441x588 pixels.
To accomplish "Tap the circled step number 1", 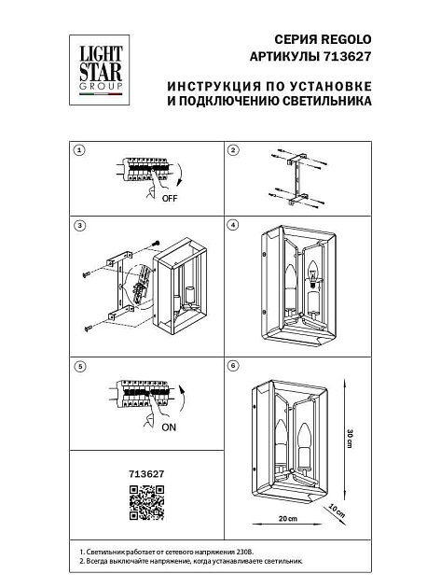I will click(79, 150).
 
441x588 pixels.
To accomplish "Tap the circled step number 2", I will click(234, 150).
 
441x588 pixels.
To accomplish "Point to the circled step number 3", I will click(79, 226).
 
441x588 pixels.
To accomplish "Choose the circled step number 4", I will click(234, 226).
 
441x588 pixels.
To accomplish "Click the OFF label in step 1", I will click(169, 199).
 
